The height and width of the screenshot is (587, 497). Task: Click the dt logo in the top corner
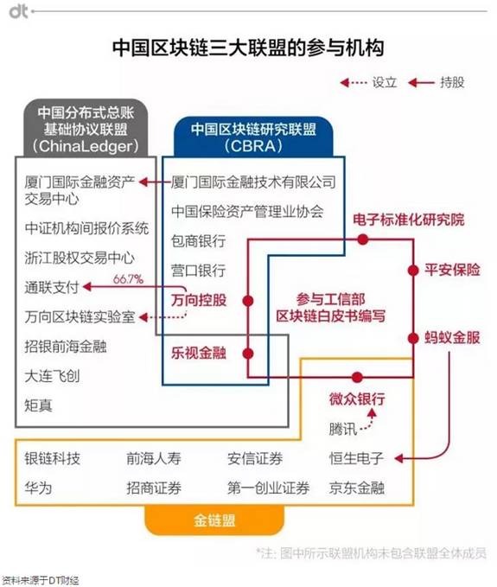[19, 11]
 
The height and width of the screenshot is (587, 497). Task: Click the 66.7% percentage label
[128, 279]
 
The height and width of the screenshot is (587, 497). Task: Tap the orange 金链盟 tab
[214, 520]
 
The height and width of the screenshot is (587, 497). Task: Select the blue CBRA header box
[253, 137]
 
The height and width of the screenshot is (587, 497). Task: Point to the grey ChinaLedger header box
[86, 128]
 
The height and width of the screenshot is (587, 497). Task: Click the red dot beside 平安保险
[413, 270]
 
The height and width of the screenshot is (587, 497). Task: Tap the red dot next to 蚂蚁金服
[413, 338]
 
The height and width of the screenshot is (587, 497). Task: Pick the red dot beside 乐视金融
[248, 353]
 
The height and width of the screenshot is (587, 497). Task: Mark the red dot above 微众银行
[357, 377]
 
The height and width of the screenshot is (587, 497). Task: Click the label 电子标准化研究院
[409, 220]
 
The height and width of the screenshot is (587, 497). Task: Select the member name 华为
[38, 488]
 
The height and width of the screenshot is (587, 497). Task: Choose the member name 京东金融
[357, 488]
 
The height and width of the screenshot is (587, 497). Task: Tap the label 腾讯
[343, 429]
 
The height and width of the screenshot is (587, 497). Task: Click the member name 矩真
[38, 405]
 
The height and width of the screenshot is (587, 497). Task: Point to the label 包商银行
[198, 240]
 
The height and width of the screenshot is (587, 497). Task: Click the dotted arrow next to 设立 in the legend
[354, 82]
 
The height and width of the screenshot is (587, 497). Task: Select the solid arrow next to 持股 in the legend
[422, 82]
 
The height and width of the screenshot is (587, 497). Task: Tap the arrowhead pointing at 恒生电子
[399, 458]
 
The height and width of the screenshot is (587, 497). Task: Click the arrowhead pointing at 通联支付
[87, 287]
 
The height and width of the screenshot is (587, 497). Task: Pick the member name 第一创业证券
[268, 488]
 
